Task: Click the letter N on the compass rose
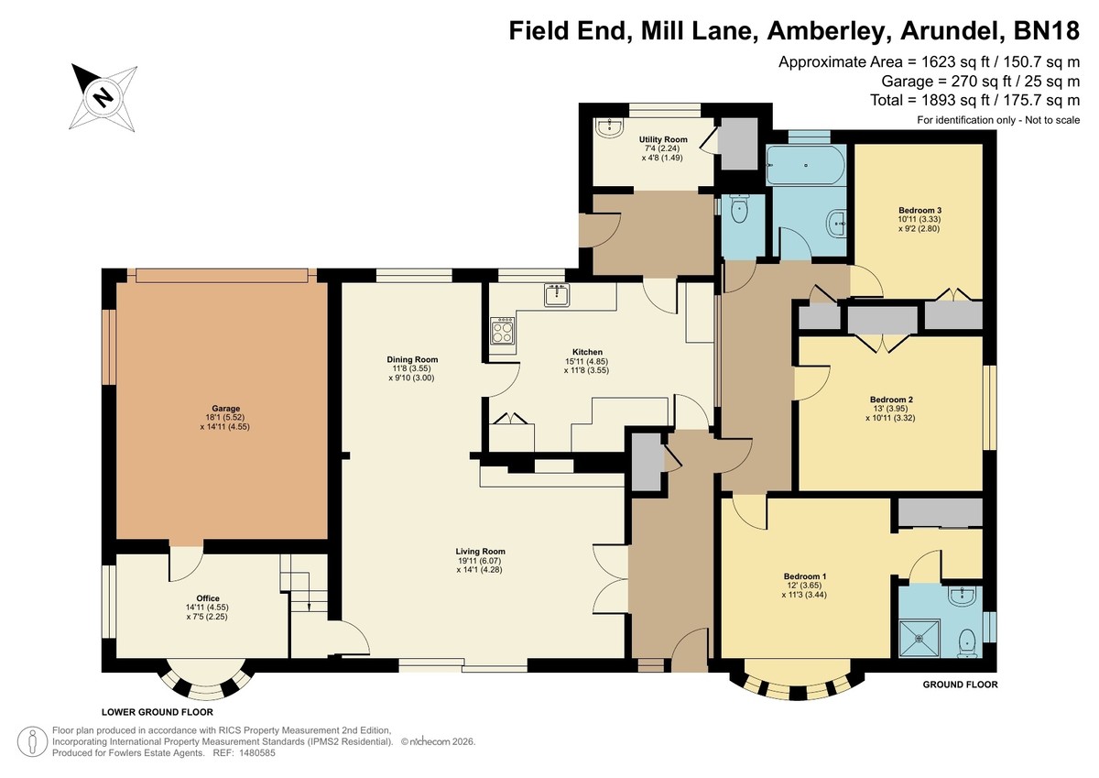point(103,96)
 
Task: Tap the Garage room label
point(225,409)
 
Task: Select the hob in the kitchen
point(503,330)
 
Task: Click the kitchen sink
point(557,295)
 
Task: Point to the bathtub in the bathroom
point(806,165)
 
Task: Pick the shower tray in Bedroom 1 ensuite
point(919,639)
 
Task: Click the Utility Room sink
point(609,127)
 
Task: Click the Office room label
point(208,598)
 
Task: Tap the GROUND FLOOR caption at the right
point(960,685)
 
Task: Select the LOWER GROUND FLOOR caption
point(157,712)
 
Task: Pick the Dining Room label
point(412,359)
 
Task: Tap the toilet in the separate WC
point(738,209)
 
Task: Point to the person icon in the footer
point(33,740)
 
